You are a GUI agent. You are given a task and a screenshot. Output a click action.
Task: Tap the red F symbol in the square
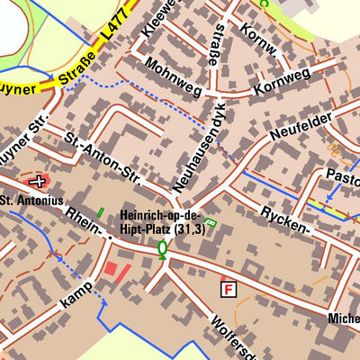(229, 289)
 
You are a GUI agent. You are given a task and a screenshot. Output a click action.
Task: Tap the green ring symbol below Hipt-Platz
(163, 248)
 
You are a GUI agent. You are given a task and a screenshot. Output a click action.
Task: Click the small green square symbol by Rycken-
(211, 221)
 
